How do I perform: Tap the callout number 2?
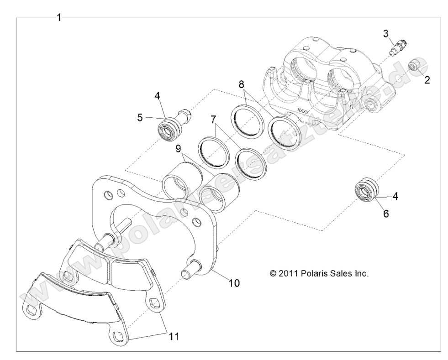tap(427, 81)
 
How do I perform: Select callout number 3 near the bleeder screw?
tap(386, 33)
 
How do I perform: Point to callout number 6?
tap(386, 213)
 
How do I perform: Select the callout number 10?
tap(234, 282)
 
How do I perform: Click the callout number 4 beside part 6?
tap(395, 196)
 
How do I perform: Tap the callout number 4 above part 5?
tap(157, 96)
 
